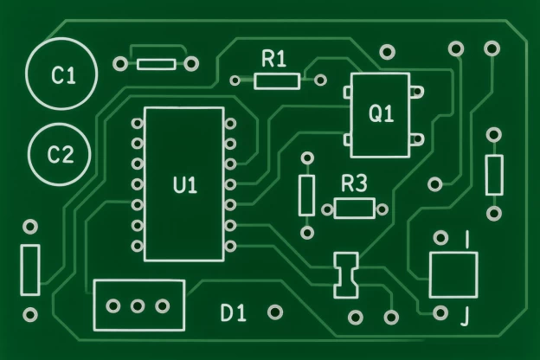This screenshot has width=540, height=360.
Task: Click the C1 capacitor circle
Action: [63, 75]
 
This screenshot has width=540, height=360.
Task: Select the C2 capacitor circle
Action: [60, 156]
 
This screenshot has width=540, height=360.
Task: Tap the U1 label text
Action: [185, 184]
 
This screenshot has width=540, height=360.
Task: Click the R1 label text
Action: [273, 59]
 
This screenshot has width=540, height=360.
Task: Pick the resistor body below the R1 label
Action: [277, 81]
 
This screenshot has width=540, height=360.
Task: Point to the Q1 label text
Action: [382, 113]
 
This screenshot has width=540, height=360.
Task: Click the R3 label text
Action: [354, 183]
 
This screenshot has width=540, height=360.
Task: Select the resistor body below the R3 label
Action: [354, 208]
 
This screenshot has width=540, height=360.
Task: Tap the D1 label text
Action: [233, 312]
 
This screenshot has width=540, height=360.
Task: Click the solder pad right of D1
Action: [276, 312]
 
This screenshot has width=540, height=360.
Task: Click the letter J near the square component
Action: [466, 317]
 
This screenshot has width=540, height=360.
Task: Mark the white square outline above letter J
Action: [453, 274]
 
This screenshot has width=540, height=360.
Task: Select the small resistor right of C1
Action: [157, 63]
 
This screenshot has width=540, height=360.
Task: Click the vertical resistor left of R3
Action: [306, 195]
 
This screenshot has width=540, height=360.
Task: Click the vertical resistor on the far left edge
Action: [30, 269]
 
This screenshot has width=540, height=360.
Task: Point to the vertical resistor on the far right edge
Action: [494, 174]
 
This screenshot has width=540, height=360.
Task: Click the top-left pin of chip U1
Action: [137, 123]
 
